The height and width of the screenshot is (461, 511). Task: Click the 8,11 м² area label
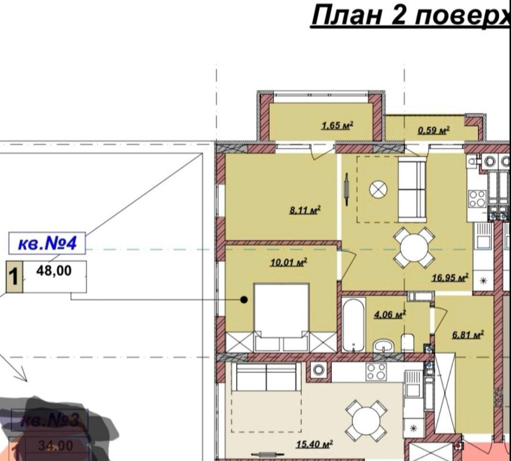(305, 209)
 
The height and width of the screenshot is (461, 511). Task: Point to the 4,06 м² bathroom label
(390, 314)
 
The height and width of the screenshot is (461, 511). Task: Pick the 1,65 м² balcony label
(338, 125)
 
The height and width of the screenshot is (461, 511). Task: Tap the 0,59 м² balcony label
(433, 130)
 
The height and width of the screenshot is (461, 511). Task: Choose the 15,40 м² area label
(314, 444)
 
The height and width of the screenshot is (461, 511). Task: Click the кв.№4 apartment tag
(47, 244)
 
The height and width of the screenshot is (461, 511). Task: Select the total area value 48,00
(54, 271)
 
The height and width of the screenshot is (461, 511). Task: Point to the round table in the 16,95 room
(414, 248)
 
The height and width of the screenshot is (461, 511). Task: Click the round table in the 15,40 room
(366, 421)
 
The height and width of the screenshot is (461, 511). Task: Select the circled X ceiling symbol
(378, 189)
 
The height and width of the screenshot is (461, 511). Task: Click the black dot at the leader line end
(244, 300)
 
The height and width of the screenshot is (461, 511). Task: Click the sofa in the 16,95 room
(412, 190)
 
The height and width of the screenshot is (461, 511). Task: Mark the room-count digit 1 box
(14, 277)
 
